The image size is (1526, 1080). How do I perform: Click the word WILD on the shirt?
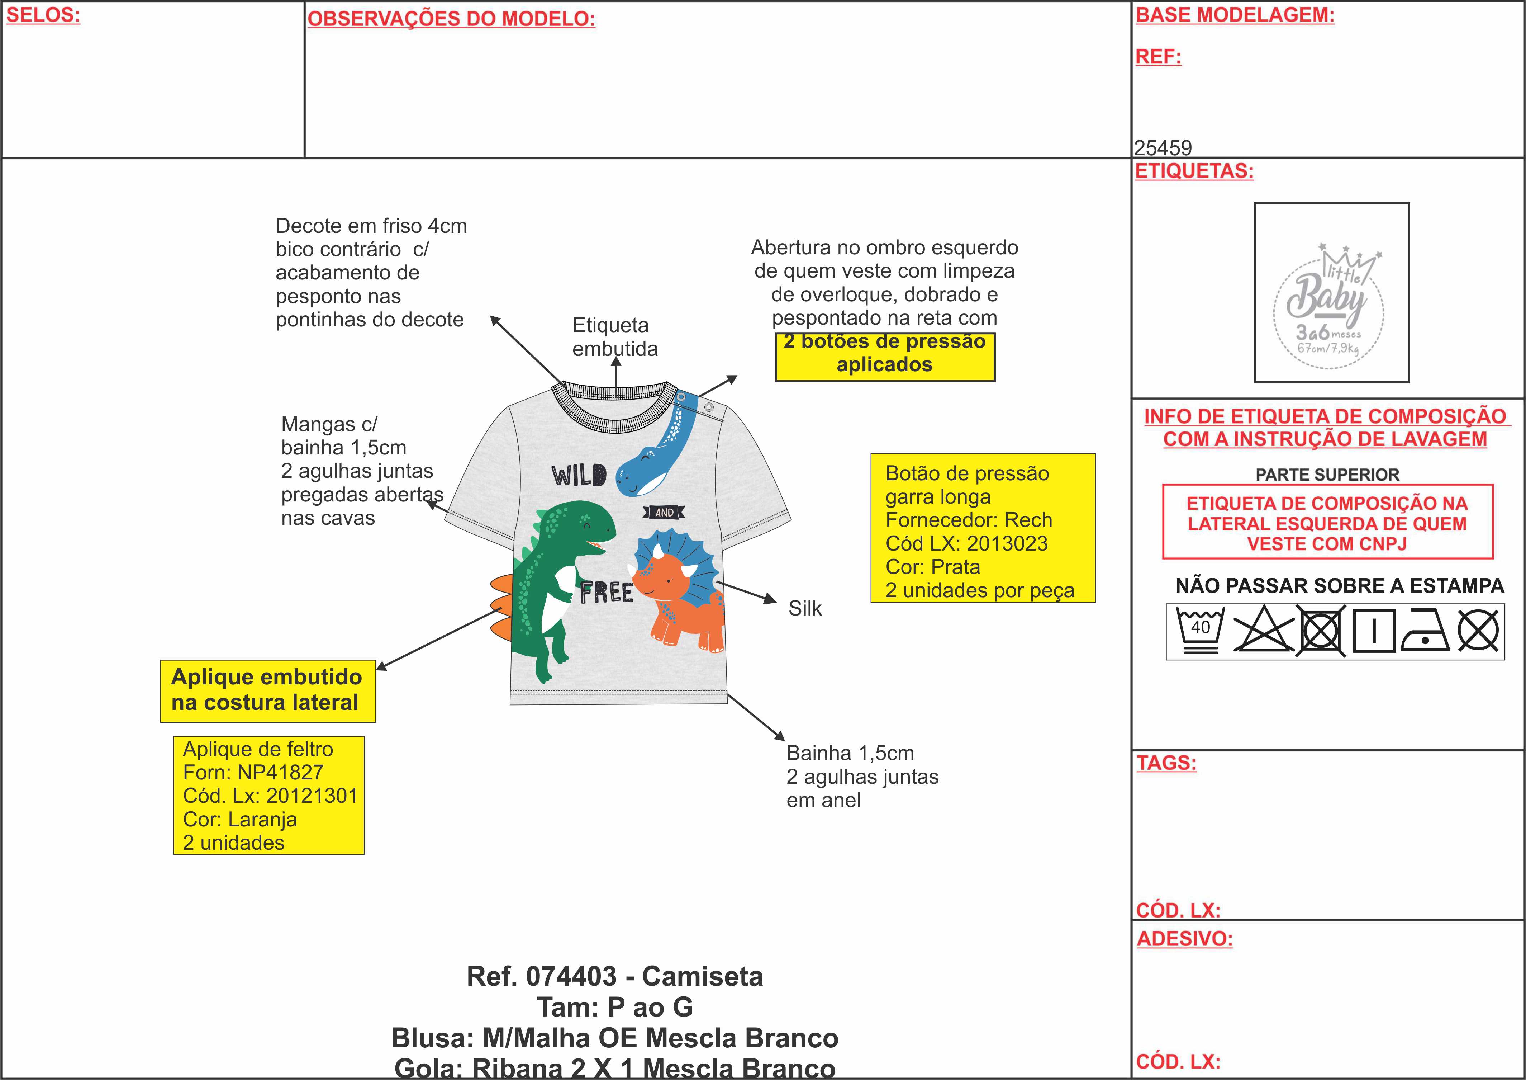tap(579, 476)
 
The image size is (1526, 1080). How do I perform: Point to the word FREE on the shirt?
tap(606, 592)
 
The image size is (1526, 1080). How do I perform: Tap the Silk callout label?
tap(805, 608)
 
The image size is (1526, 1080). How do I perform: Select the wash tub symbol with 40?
tap(1200, 631)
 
